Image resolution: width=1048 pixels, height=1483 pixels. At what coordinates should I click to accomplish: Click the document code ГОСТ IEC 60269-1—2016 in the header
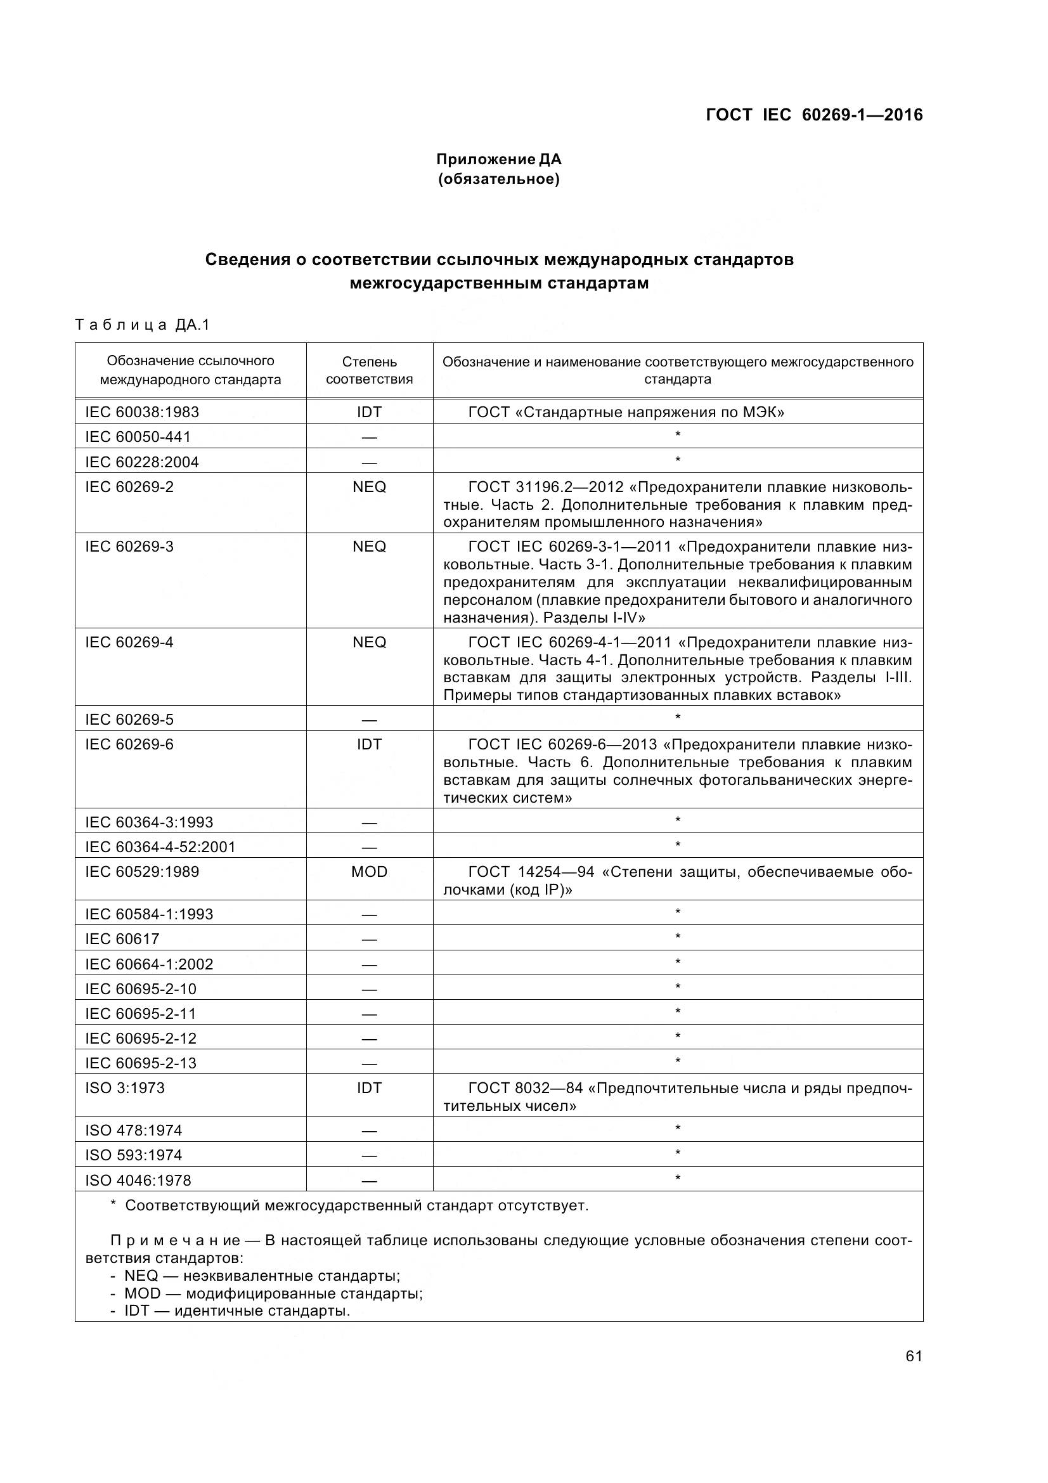(x=813, y=115)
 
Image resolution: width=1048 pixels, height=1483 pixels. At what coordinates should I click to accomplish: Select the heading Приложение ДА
(x=498, y=159)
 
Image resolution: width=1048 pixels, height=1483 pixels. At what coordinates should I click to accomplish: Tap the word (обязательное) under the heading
(x=498, y=179)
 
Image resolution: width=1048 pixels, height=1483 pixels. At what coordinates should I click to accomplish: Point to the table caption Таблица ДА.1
(x=143, y=324)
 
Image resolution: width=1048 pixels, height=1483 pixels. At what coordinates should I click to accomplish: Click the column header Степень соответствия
(x=370, y=370)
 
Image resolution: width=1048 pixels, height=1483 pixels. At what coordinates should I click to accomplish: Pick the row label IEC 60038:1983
(x=142, y=412)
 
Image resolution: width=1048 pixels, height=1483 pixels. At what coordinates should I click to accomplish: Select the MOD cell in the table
(x=370, y=871)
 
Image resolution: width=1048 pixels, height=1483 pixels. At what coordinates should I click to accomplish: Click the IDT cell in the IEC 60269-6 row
(x=370, y=744)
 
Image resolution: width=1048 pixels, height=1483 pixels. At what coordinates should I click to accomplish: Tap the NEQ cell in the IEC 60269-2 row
(x=370, y=486)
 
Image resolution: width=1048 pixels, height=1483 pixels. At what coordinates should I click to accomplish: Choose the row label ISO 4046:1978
(x=138, y=1180)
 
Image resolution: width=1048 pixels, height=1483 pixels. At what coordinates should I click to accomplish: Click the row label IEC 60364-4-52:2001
(x=160, y=847)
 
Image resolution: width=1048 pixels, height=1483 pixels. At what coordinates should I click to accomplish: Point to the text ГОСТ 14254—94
(x=531, y=872)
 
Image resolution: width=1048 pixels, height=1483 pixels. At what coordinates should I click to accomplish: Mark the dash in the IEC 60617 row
(x=370, y=940)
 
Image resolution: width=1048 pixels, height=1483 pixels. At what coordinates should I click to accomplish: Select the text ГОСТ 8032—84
(x=525, y=1088)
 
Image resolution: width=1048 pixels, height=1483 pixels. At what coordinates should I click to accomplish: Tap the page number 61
(x=914, y=1356)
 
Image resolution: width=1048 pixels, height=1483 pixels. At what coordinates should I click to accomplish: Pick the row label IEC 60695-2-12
(x=141, y=1038)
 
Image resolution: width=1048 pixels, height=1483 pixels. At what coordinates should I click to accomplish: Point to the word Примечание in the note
(x=176, y=1240)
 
